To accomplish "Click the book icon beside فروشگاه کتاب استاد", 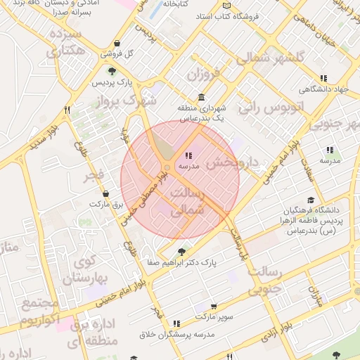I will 236,16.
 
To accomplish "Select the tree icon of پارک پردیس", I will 111,71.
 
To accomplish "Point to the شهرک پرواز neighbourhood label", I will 147,101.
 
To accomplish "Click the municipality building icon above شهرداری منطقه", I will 202,98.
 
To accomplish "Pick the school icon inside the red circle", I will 188,155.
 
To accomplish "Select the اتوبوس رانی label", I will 270,108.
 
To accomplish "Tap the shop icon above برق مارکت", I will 105,193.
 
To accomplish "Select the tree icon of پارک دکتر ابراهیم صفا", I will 182,252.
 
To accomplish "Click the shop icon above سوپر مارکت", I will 214,307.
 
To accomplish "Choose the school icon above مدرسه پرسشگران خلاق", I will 176,323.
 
